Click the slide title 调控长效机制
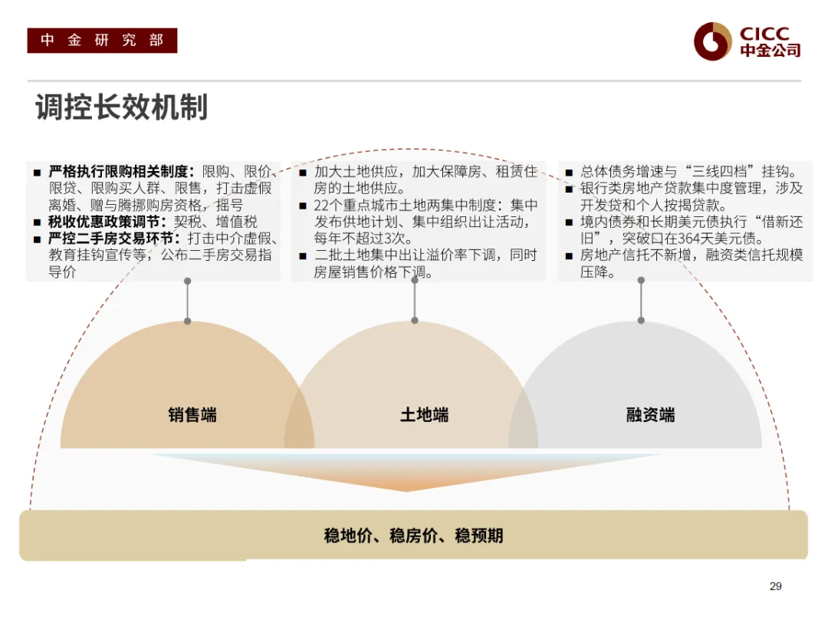pyautogui.click(x=121, y=108)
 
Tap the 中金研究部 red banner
pyautogui.click(x=102, y=41)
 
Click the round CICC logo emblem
pyautogui.click(x=713, y=41)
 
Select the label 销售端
pyautogui.click(x=192, y=415)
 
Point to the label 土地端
pyautogui.click(x=424, y=415)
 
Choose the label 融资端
pyautogui.click(x=650, y=415)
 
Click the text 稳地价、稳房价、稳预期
pyautogui.click(x=413, y=535)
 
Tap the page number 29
pyautogui.click(x=775, y=586)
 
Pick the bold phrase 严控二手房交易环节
pyautogui.click(x=114, y=239)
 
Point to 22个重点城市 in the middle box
pyautogui.click(x=360, y=205)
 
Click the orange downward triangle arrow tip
pyautogui.click(x=407, y=489)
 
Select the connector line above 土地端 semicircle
pyautogui.click(x=415, y=300)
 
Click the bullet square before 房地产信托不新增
pyautogui.click(x=570, y=256)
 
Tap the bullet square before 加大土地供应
pyautogui.click(x=303, y=172)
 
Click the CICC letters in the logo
pyautogui.click(x=764, y=35)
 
